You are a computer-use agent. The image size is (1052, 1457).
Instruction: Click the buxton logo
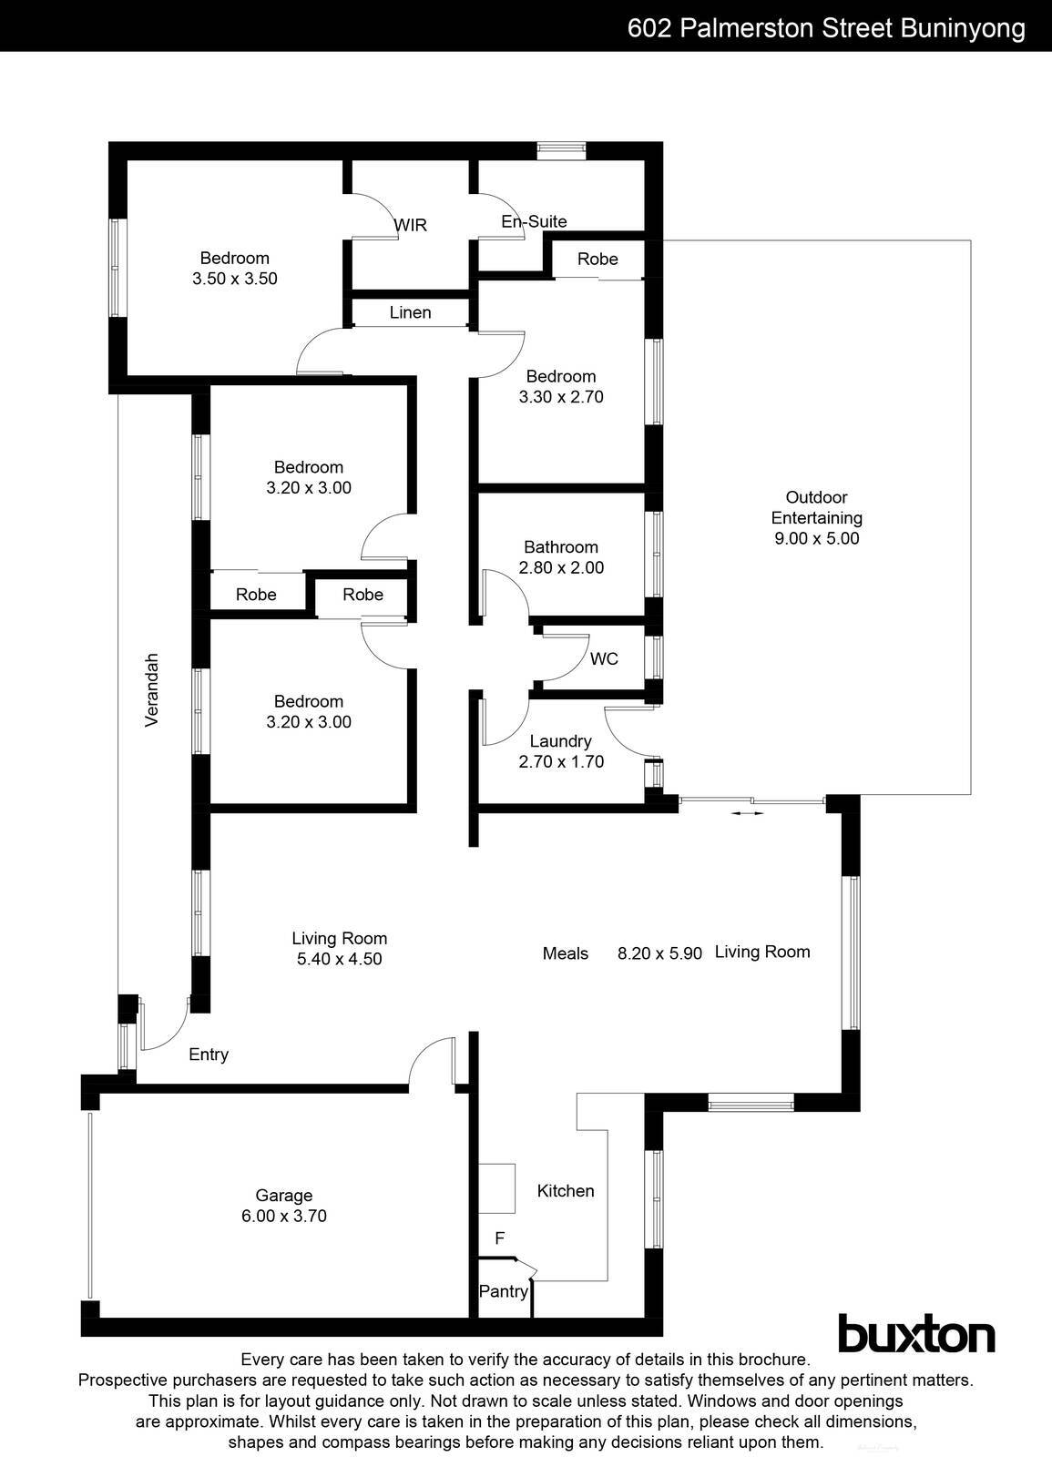915,1336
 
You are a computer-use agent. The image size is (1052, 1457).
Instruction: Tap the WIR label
410,225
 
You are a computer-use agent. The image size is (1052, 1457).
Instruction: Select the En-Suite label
534,221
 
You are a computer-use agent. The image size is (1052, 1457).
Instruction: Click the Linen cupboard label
410,312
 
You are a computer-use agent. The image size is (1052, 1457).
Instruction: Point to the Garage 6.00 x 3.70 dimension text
284,1216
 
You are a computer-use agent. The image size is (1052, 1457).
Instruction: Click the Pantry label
503,1291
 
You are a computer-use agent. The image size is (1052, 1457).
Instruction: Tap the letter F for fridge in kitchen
499,1238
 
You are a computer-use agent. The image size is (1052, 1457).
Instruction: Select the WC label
604,658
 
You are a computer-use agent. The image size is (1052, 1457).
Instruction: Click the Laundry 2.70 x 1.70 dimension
561,762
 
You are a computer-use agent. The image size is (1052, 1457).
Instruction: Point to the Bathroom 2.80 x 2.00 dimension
561,567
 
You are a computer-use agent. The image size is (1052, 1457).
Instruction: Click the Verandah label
152,689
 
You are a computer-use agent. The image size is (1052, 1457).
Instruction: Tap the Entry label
209,1055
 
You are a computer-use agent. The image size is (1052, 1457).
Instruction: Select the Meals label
565,953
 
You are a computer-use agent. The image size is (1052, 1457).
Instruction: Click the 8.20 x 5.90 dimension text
659,953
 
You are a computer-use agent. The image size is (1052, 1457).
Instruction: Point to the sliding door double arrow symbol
747,813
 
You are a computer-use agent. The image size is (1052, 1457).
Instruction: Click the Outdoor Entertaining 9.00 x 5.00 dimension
815,538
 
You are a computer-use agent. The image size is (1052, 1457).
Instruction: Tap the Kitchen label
566,1191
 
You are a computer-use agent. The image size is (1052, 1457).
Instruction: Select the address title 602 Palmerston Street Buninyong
826,28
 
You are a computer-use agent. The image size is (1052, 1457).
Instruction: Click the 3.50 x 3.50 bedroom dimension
235,280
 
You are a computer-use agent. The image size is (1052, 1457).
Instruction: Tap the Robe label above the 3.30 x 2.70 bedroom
597,260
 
